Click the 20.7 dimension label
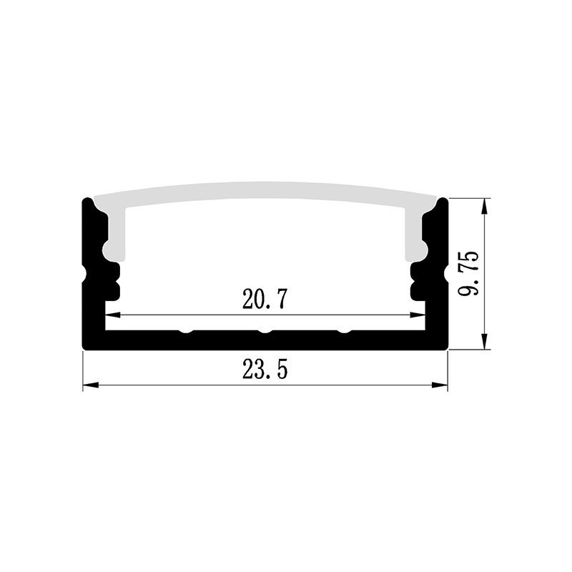[265, 299]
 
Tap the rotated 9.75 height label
[468, 273]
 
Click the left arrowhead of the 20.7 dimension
[113, 315]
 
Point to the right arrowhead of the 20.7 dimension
[418, 315]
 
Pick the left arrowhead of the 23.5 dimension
[91, 385]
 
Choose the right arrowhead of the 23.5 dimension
[440, 385]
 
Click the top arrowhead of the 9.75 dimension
[485, 206]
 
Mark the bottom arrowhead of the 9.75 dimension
[485, 342]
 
